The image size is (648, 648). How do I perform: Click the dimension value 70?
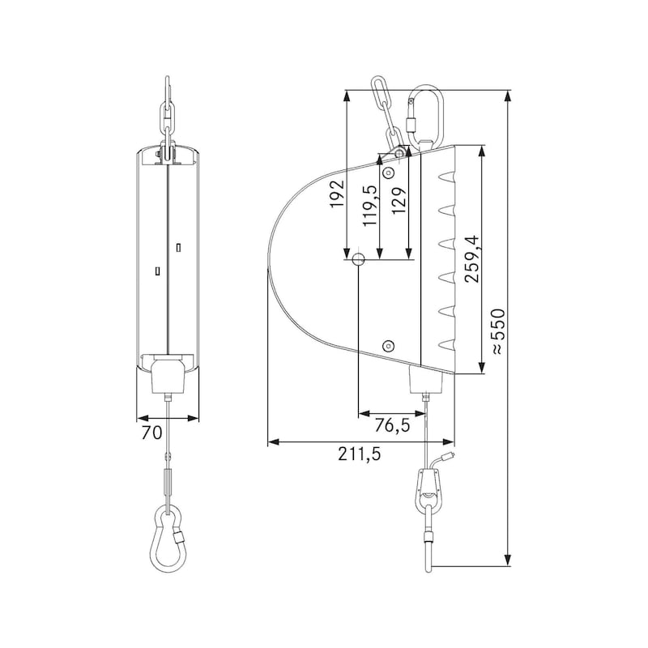(151, 433)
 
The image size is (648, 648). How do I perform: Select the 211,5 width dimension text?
(361, 454)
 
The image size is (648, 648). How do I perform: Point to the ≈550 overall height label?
(497, 330)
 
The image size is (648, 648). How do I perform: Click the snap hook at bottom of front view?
(168, 538)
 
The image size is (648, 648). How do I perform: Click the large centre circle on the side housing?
(358, 259)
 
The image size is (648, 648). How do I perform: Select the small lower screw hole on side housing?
(389, 345)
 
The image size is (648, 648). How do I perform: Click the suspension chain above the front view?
(167, 113)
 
